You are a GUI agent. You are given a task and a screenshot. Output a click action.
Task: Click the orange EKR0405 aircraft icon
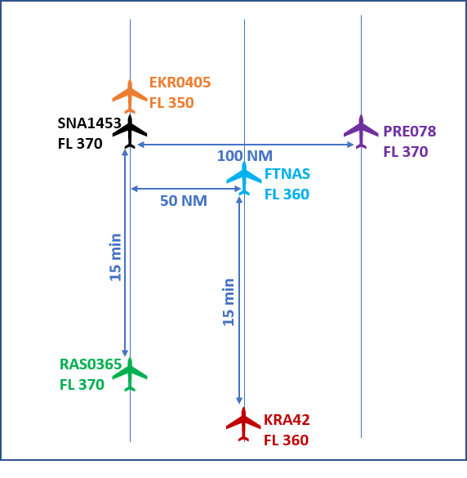[x=130, y=96]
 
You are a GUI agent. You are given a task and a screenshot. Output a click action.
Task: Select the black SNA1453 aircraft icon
[x=130, y=132]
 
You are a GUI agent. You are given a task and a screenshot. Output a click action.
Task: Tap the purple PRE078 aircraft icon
[x=361, y=132]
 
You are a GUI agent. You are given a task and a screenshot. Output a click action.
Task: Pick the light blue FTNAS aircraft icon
[x=244, y=178]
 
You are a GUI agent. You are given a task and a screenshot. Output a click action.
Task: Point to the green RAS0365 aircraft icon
[x=130, y=374]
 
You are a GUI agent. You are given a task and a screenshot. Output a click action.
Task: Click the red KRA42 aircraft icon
[x=243, y=424]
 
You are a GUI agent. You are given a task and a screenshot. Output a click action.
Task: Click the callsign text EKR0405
[x=180, y=83]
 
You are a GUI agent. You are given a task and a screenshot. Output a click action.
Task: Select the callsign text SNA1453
[x=89, y=123]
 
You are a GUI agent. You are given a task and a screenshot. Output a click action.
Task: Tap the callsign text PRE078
[x=410, y=132]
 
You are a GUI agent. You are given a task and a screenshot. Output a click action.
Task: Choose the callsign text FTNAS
[x=287, y=174]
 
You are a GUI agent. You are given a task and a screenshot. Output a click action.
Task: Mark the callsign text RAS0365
[x=91, y=364]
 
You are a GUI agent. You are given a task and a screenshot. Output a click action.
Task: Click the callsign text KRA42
[x=287, y=420]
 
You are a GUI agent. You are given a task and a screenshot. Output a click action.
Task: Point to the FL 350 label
[x=171, y=103]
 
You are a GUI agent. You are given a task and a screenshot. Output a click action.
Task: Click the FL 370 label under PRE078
[x=406, y=152]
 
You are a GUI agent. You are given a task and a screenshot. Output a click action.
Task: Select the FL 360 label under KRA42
[x=286, y=440]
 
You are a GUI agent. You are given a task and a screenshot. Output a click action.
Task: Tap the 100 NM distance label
[x=245, y=156]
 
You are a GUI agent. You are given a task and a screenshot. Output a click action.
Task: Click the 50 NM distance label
[x=184, y=201]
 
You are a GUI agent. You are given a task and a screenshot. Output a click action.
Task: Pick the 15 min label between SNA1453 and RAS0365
[x=115, y=257]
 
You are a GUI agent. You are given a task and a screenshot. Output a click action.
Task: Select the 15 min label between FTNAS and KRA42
[x=229, y=302]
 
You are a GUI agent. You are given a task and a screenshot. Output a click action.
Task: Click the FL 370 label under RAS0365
[x=82, y=385]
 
